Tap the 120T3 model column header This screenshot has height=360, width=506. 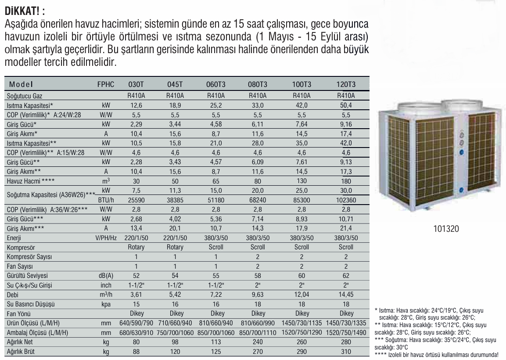click(346, 85)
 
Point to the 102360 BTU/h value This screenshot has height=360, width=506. click(346, 200)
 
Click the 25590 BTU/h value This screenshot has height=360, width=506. click(136, 200)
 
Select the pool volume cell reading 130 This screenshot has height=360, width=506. click(302, 181)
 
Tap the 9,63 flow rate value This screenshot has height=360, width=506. click(258, 295)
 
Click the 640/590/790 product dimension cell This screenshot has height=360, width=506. click(136, 323)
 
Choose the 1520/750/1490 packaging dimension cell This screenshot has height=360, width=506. click(346, 333)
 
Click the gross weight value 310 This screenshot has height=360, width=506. click(346, 352)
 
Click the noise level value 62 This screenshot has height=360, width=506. click(346, 276)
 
